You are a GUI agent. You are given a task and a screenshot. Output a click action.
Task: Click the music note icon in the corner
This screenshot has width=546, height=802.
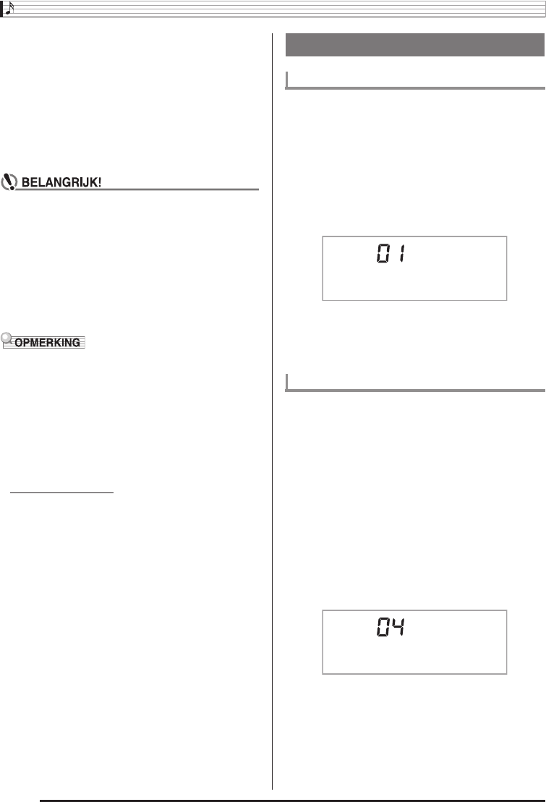click(x=8, y=8)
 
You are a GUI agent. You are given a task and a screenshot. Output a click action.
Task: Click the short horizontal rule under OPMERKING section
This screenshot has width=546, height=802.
click(x=64, y=492)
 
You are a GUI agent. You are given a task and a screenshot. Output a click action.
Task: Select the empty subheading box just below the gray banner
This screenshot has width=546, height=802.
click(x=415, y=79)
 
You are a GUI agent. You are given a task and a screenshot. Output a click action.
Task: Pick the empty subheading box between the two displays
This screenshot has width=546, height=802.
click(x=415, y=382)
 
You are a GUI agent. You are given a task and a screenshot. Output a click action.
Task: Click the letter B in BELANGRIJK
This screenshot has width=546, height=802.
click(x=26, y=182)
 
